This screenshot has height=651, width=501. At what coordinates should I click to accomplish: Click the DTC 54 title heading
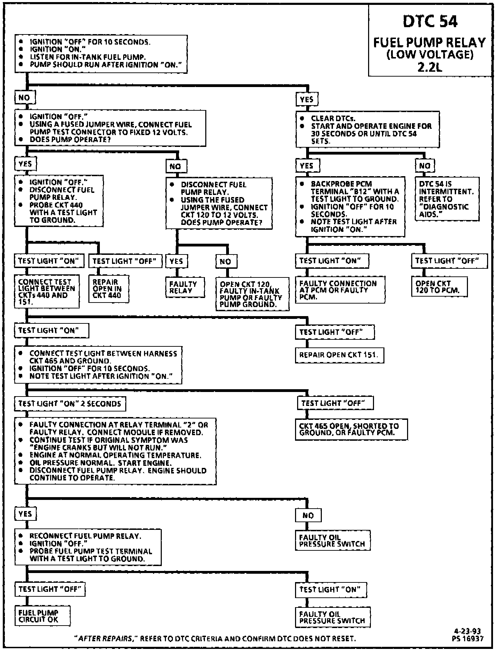tap(430, 22)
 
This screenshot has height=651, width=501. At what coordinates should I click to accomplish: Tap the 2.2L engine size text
tap(430, 66)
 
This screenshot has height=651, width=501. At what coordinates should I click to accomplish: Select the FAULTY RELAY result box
tap(185, 288)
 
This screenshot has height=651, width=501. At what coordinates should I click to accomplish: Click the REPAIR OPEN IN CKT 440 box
tap(109, 289)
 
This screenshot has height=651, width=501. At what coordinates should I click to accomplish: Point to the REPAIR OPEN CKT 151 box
tap(339, 355)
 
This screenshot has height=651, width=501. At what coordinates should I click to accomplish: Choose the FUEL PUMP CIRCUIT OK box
tap(42, 616)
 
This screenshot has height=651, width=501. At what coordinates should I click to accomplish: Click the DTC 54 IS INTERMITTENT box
tap(447, 199)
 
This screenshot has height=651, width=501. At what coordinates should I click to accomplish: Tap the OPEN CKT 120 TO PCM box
tap(439, 287)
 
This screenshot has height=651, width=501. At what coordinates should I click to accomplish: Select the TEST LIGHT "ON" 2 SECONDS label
tap(70, 404)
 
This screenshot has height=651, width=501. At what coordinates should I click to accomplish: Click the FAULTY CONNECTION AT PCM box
tap(340, 290)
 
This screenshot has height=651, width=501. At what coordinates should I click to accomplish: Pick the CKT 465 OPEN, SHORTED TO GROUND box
tap(351, 429)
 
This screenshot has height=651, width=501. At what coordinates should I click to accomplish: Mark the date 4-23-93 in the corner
tap(468, 631)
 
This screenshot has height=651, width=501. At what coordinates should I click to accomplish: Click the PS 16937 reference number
tap(468, 638)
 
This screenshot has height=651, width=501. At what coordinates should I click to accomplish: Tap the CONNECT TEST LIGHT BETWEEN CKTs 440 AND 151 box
tap(47, 292)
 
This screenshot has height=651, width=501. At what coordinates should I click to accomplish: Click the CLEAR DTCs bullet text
tap(333, 118)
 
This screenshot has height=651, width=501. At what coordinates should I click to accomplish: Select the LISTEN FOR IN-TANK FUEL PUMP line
tap(87, 57)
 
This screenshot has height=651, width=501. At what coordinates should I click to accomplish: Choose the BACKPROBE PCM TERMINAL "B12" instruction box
tap(350, 206)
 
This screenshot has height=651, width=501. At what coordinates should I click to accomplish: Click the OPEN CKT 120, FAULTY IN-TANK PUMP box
tap(252, 294)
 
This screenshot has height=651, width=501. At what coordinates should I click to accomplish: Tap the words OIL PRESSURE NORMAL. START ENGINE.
tap(100, 463)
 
